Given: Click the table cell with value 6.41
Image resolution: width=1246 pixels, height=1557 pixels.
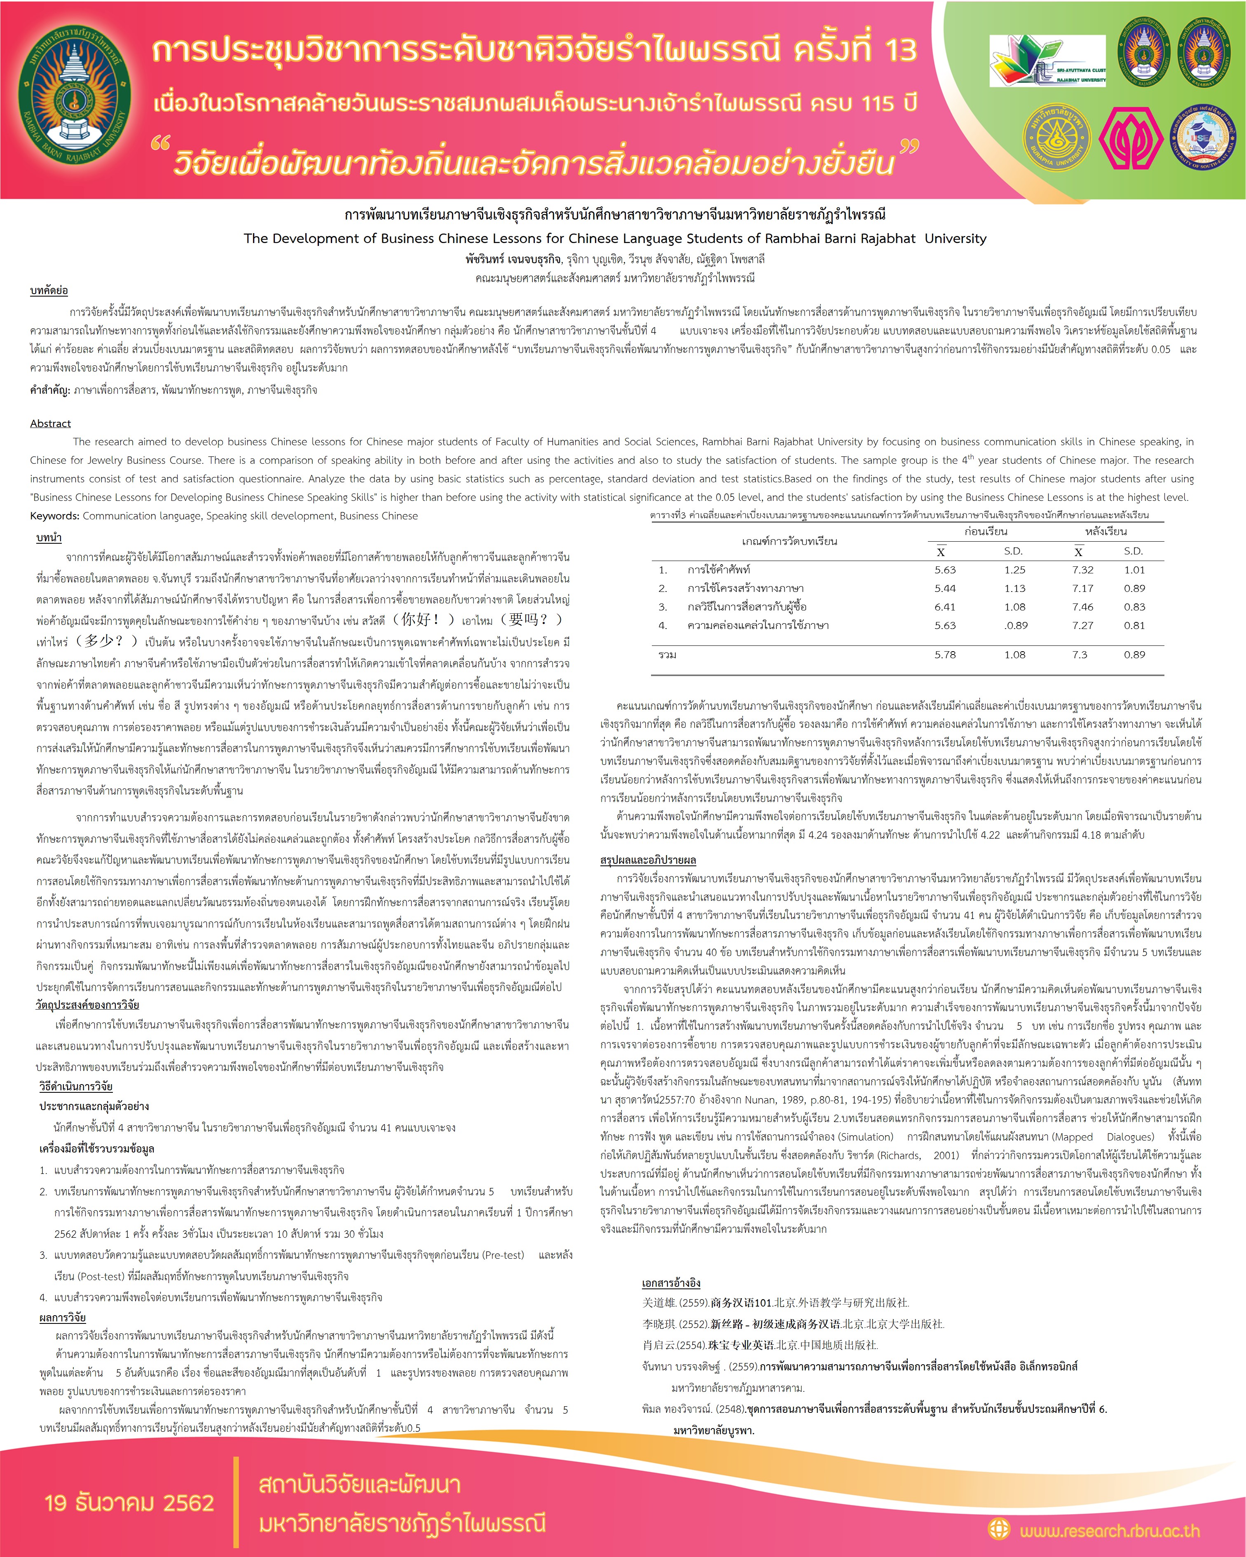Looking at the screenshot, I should (945, 607).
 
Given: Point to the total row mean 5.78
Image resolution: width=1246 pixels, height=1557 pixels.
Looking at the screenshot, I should (945, 654).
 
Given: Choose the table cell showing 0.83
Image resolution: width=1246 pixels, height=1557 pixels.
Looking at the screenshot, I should (1134, 607).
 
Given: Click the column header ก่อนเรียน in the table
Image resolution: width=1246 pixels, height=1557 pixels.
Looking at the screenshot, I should (985, 531).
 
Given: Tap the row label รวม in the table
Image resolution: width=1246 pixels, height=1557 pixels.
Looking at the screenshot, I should (667, 654).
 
